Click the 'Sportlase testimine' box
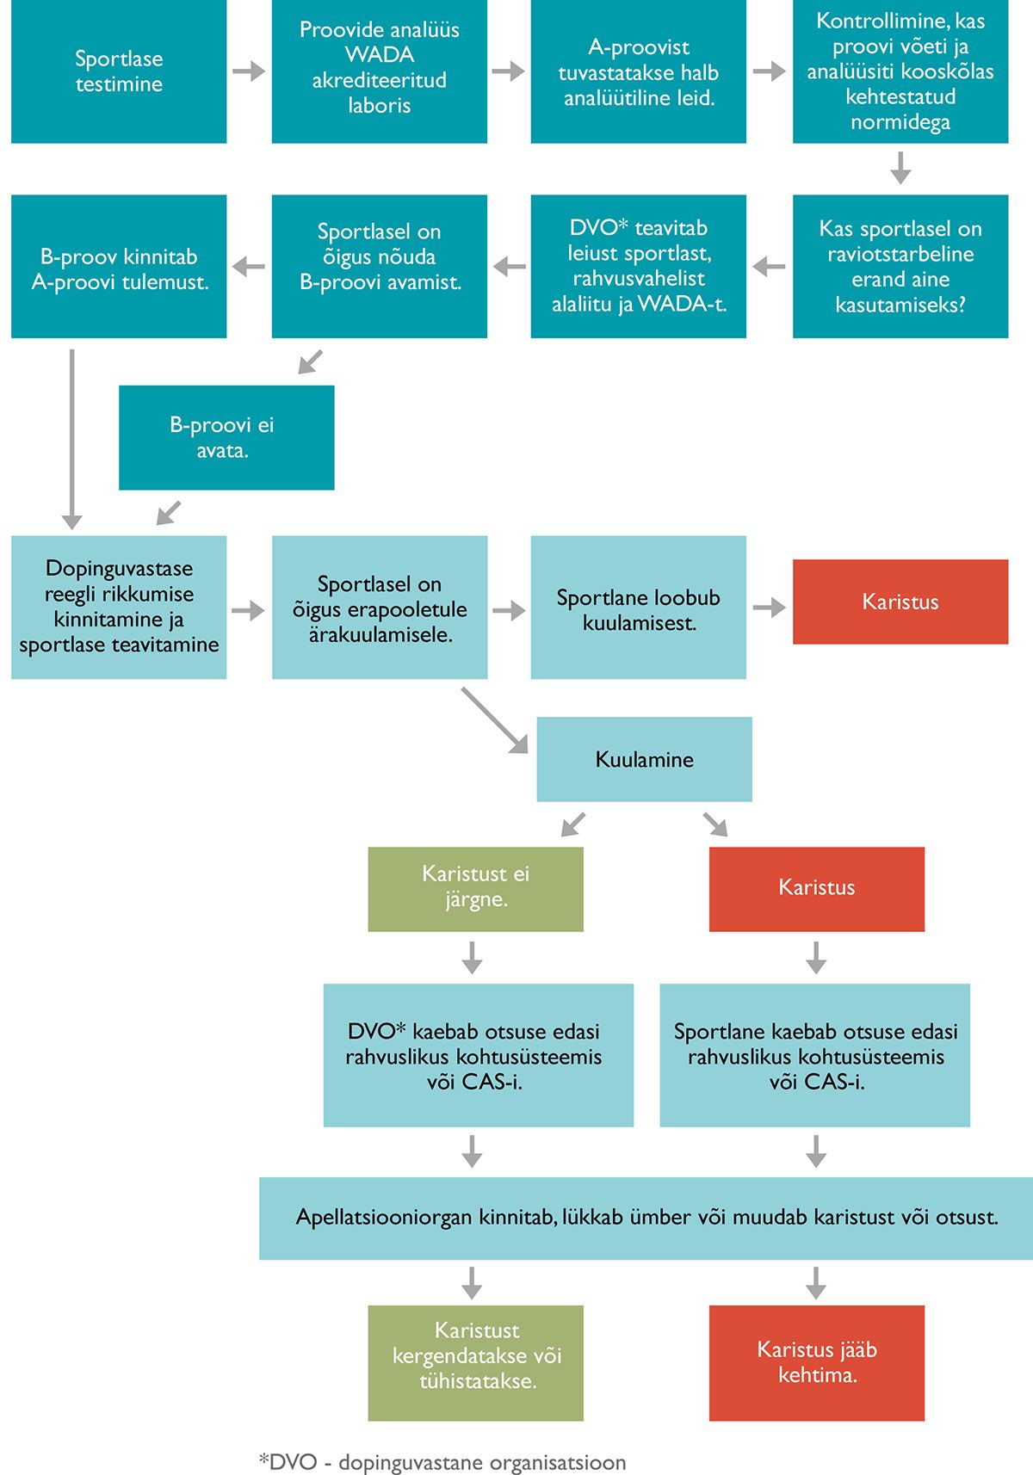coord(119,71)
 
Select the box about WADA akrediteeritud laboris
coord(380,71)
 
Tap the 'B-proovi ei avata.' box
coord(226,438)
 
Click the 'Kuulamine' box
coord(644,759)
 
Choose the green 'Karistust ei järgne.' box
coord(476,889)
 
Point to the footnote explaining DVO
coord(442,1462)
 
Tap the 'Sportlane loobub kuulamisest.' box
coord(639,607)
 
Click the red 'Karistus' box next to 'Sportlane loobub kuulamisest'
coord(900,602)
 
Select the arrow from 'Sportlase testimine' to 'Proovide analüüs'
coord(249,71)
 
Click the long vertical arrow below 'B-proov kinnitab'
coord(71,439)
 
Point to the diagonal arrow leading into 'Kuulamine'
coord(495,720)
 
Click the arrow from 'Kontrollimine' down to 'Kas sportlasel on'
coord(900,168)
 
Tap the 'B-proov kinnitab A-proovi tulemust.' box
coord(119,266)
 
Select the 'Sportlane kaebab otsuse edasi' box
coord(815,1056)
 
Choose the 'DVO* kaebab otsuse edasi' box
coord(479,1056)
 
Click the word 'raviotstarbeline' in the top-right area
coord(900,254)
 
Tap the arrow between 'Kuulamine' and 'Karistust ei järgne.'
coord(573,824)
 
